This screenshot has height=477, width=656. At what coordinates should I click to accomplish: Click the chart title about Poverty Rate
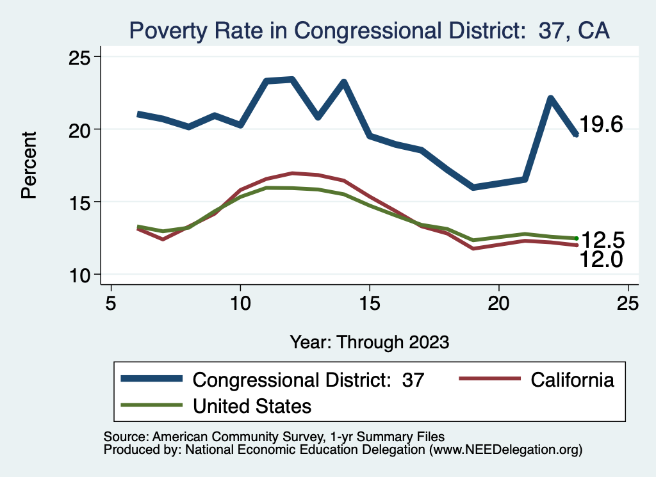coord(369,29)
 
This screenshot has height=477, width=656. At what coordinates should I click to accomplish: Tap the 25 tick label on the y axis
coord(82,57)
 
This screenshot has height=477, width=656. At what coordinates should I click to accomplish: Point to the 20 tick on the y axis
coord(82,129)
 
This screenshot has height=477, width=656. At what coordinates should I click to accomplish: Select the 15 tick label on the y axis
coord(82,202)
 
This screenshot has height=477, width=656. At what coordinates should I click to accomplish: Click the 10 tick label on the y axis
coord(82,275)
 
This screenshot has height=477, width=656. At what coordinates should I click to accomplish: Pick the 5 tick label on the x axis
coord(111,303)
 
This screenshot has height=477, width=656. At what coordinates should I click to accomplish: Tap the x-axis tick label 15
coord(369,303)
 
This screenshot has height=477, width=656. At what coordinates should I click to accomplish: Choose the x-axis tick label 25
coord(627,303)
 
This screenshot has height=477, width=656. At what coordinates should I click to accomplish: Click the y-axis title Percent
coord(29,165)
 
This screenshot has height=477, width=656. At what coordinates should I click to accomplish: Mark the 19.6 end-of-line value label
coord(602,125)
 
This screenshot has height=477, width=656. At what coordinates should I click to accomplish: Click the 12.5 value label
coord(602,240)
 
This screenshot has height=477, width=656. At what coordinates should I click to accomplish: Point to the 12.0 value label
coord(602,259)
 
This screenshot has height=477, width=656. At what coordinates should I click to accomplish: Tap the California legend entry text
coord(572,380)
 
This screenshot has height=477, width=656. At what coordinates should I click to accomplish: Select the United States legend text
coord(252,405)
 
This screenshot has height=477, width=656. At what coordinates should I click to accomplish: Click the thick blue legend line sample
coord(152,380)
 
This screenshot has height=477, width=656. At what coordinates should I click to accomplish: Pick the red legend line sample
coord(489,380)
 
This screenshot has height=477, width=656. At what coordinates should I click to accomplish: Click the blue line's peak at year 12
coord(292,79)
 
